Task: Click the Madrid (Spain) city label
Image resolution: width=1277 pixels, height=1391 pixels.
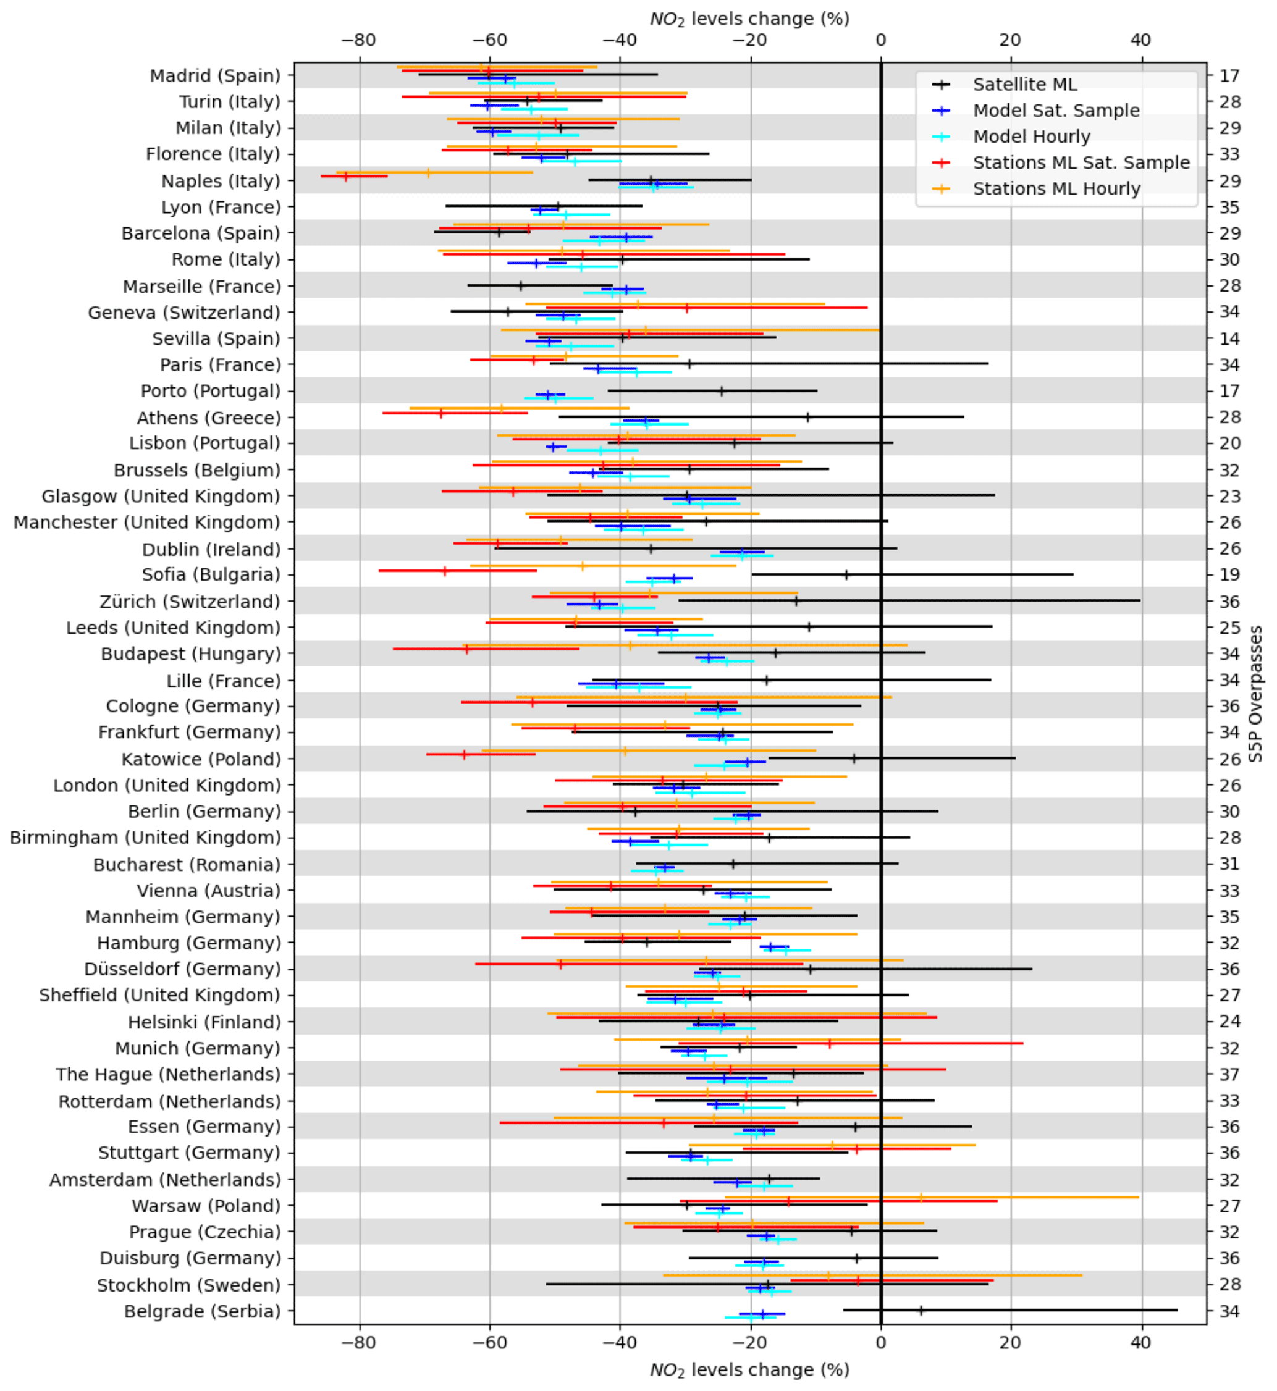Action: pos(215,75)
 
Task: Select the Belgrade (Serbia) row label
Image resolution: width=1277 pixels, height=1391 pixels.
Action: pos(202,1311)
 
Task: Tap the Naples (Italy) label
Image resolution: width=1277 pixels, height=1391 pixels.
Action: pos(221,180)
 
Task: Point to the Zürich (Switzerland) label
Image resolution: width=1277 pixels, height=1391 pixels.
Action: pos(190,601)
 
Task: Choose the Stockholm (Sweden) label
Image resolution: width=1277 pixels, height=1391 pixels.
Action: pos(188,1285)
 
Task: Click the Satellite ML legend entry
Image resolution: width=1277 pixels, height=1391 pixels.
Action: pos(1024,84)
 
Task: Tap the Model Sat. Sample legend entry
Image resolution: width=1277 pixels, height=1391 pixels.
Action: pos(1056,111)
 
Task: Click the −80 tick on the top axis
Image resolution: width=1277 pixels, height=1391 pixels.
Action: pos(359,40)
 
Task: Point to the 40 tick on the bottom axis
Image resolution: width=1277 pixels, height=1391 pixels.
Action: pos(1141,1342)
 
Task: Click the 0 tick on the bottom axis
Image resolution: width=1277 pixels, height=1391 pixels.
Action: pos(880,1342)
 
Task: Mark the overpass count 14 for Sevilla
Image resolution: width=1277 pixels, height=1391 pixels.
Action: pos(1229,338)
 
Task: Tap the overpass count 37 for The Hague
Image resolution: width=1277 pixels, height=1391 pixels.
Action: pos(1229,1075)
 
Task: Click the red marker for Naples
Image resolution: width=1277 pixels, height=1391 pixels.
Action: pos(346,176)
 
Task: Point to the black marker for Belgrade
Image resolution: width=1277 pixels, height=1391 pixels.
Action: pos(920,1310)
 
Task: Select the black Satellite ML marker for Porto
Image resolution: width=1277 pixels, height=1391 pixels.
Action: pos(722,391)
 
